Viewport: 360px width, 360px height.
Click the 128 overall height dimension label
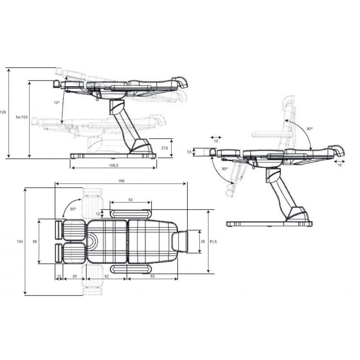point(3,112)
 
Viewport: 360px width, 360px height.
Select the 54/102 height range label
point(22,117)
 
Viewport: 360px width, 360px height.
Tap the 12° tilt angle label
point(57,103)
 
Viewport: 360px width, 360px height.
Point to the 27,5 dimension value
point(165,148)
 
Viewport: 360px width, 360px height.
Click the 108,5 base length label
point(114,165)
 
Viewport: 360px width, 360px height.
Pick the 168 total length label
point(121,181)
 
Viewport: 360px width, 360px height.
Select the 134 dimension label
point(20,242)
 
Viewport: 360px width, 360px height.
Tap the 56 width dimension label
point(35,242)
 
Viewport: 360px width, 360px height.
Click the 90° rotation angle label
point(73,209)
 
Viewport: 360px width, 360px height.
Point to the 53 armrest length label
point(130,200)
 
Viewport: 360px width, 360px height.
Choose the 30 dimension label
point(75,276)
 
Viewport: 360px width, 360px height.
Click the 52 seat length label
point(107,276)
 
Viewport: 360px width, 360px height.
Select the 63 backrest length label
point(153,276)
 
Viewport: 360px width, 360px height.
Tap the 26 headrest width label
point(203,242)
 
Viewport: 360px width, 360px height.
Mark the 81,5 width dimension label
point(213,242)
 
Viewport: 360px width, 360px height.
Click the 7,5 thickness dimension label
point(189,152)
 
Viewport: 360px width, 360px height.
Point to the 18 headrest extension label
point(340,165)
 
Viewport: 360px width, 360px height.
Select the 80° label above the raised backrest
point(310,129)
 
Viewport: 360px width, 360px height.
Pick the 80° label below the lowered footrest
point(225,169)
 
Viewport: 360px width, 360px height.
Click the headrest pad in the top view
point(180,242)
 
